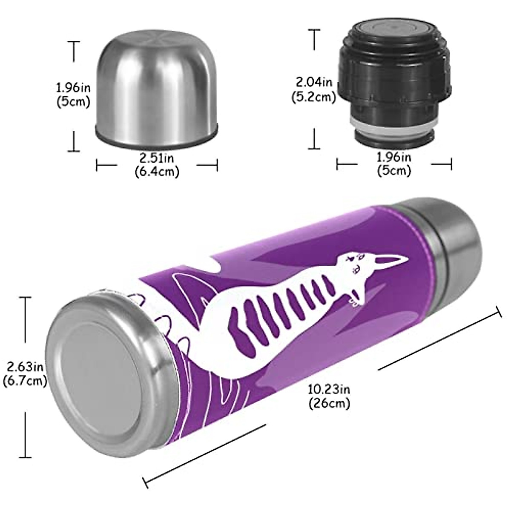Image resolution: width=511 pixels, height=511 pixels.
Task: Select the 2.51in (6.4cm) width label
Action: point(157,164)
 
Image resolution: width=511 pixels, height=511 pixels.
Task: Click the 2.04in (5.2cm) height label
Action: point(313,89)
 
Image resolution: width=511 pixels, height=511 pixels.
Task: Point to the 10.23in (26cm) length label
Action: point(329,395)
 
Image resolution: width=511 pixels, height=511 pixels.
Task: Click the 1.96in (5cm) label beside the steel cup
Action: point(73,95)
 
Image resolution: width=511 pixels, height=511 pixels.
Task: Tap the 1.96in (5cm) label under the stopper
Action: point(394,164)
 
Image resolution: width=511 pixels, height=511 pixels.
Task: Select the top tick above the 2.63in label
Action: point(26,298)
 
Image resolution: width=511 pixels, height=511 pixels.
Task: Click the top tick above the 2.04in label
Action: point(314,30)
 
